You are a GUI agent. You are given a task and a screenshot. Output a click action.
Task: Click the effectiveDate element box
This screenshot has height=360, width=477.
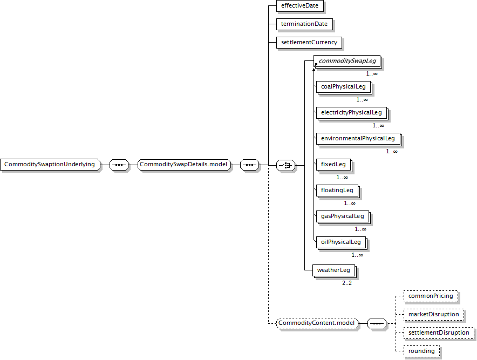coord(299,6)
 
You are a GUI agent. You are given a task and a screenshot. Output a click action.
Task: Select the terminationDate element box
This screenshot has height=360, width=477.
coord(304,24)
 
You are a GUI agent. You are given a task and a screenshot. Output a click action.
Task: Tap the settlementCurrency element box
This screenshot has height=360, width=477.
coord(309,42)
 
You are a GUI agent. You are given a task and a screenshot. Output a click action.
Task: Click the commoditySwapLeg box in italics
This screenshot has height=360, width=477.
coord(347,61)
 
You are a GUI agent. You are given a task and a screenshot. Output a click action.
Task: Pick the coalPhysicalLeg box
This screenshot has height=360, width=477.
coord(343,87)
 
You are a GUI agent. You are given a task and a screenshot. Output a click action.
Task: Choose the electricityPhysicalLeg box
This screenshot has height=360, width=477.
coord(351,113)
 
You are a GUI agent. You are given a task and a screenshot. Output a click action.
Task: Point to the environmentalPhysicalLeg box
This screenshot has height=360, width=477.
coord(358,139)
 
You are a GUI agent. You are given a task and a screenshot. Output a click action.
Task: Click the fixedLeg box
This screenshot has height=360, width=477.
coord(333,164)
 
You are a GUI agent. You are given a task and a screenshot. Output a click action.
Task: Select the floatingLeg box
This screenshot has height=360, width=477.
coord(337,190)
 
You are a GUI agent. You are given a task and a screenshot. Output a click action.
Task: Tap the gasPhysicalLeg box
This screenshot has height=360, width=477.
coord(342,216)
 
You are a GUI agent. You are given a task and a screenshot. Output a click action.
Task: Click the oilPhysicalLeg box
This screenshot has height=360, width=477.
coord(340,242)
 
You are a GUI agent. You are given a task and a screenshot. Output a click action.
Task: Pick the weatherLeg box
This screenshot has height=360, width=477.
coord(333,270)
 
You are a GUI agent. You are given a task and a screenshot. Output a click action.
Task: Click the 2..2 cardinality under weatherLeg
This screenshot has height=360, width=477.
coord(347,283)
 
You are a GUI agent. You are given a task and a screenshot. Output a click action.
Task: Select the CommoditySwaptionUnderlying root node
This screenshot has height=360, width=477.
coord(50,165)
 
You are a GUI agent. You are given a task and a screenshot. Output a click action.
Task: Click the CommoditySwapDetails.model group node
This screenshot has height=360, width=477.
coord(184,165)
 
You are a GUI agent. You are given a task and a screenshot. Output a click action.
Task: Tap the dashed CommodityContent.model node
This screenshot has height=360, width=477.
coord(317,323)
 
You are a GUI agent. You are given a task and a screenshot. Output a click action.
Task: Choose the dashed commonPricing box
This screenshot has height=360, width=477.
coord(431,296)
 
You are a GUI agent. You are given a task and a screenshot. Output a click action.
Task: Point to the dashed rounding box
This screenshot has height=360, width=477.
coord(421,351)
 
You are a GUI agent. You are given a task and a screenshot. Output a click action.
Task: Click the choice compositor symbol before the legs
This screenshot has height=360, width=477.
coord(285,165)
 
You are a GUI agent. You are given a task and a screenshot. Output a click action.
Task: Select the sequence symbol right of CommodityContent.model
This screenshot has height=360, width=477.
coord(377,323)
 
